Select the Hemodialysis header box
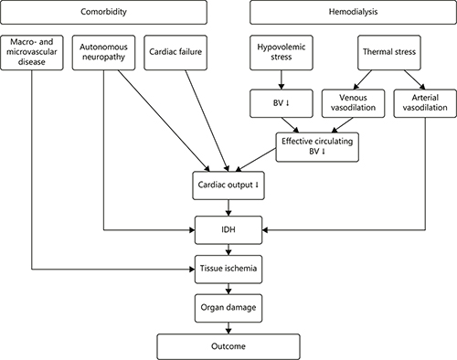[x=353, y=15]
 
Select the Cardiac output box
[x=230, y=185]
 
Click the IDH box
[x=230, y=228]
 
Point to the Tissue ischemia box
[x=230, y=270]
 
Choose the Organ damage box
[x=230, y=308]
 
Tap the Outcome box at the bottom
[x=230, y=346]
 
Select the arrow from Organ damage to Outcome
[x=230, y=327]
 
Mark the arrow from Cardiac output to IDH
[x=230, y=206]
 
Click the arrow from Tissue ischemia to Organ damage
[x=230, y=289]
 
